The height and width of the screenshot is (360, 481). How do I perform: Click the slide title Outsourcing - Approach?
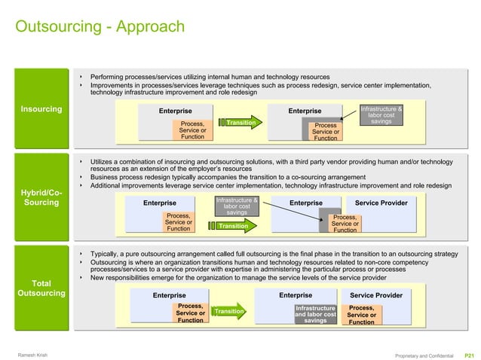(x=100, y=27)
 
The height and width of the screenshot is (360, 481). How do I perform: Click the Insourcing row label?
(x=41, y=110)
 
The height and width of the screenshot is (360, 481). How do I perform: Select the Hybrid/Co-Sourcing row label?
(x=41, y=197)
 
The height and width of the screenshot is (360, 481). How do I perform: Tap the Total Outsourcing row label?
(x=41, y=288)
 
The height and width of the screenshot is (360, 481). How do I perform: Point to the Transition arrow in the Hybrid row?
(x=234, y=225)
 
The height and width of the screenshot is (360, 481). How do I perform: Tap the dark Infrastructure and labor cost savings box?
(x=315, y=314)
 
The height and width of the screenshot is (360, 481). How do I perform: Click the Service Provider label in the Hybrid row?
(x=381, y=203)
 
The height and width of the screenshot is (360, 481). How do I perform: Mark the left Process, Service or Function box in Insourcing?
(x=192, y=130)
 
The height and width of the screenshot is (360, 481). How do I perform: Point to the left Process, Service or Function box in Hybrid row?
(x=178, y=222)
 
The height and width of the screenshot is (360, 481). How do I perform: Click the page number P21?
(x=469, y=355)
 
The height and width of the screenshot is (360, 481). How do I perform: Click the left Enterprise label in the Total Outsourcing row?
(x=170, y=295)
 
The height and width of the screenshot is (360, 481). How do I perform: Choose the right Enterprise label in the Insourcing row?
(x=305, y=111)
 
